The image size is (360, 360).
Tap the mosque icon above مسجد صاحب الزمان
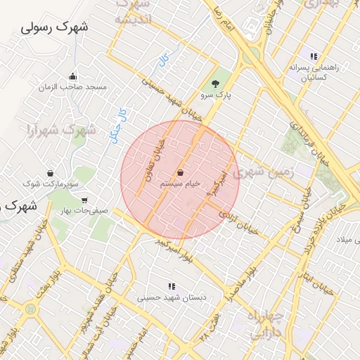click(x=72, y=77)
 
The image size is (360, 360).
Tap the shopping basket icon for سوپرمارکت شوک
click(x=50, y=173)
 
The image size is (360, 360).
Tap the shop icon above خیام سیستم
click(x=180, y=172)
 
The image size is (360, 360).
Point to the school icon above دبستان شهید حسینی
click(x=171, y=286)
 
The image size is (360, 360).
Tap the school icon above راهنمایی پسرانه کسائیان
click(x=314, y=56)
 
